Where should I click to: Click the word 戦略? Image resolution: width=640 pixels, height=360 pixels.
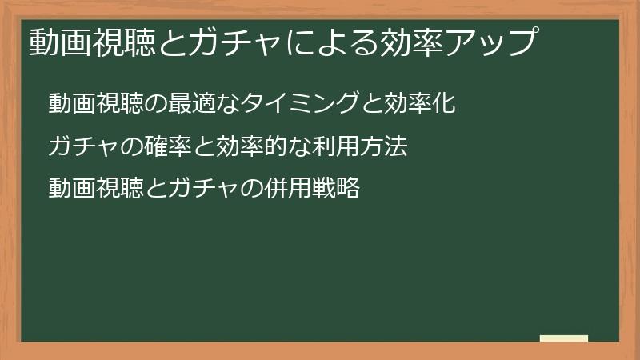(335, 190)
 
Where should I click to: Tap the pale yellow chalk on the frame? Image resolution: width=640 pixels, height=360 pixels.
(564, 338)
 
